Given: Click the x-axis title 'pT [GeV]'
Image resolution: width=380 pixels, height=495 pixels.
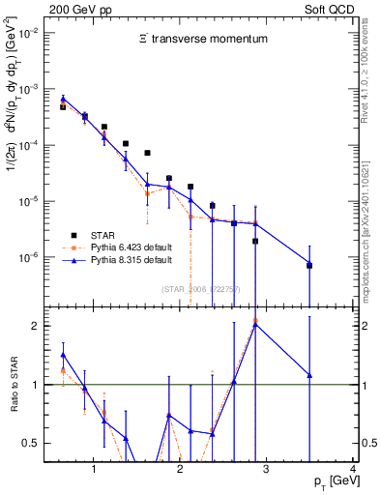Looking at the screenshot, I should coord(329,481).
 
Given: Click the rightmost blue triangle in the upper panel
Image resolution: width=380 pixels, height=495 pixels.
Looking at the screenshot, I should coord(309,264).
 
